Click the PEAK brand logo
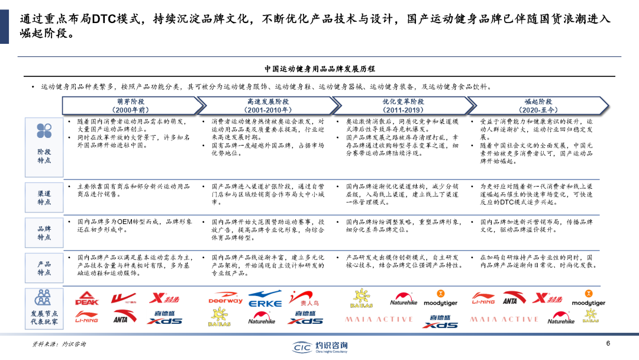point(86,299)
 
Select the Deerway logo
point(225,299)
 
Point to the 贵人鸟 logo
point(308,299)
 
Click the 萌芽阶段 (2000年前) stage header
point(131,106)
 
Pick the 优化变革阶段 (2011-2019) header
point(403,106)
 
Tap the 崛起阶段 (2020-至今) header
point(538,106)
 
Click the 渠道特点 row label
point(44,198)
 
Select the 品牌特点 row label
point(44,233)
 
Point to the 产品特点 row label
point(44,268)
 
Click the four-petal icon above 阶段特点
point(44,131)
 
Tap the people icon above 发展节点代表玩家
point(43,297)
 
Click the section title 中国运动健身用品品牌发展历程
point(319,69)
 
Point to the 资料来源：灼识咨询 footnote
point(59,345)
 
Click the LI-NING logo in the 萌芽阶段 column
point(86,320)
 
